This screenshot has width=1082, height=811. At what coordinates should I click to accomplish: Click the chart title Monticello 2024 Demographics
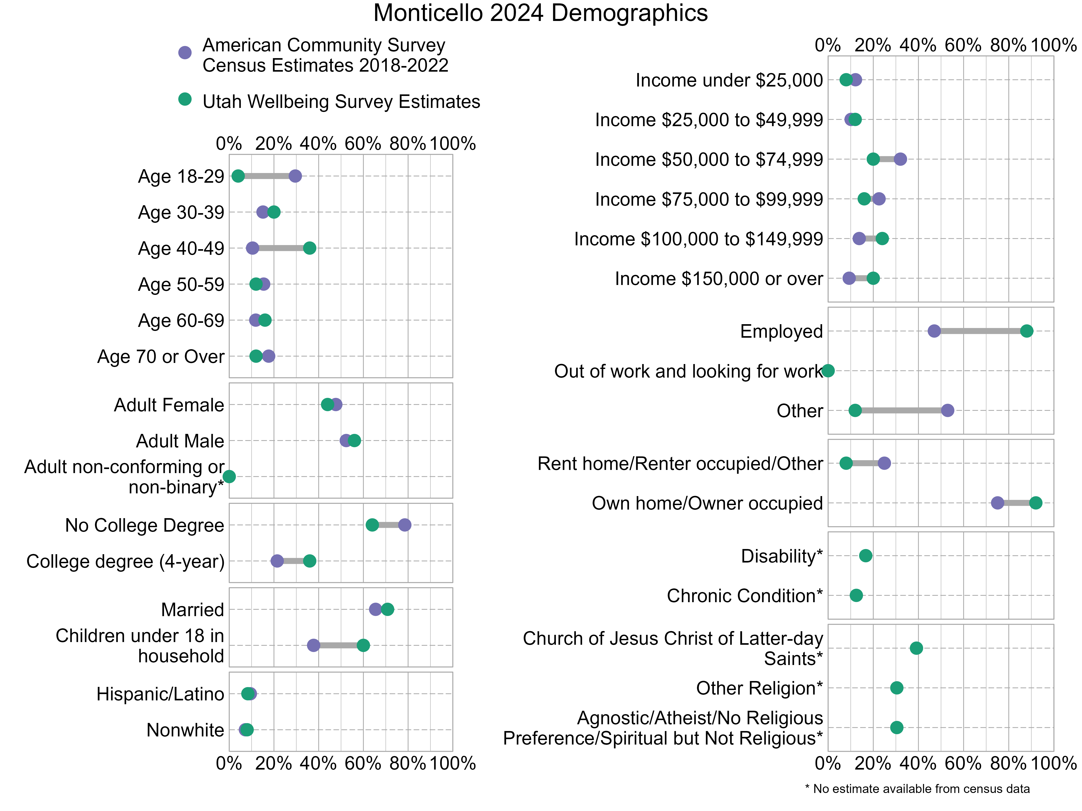541,13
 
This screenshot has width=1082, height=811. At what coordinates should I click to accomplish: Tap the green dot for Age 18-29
238,176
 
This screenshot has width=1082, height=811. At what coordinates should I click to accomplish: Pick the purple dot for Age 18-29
295,176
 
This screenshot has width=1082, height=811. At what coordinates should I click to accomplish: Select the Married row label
192,610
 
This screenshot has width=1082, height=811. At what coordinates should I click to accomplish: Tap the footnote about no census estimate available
917,788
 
